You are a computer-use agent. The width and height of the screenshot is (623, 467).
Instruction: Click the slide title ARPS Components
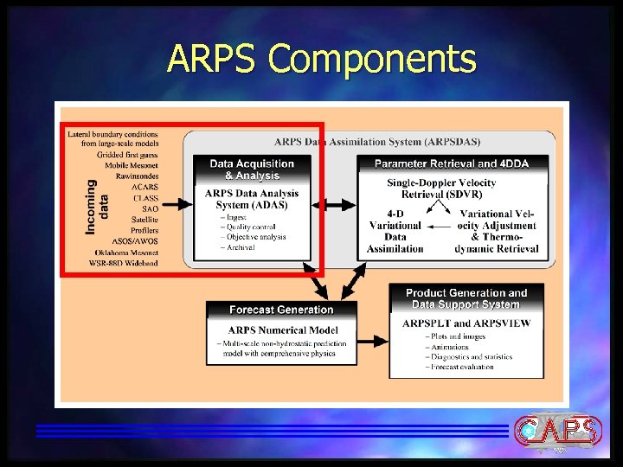322,59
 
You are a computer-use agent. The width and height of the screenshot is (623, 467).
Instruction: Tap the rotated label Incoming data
97,206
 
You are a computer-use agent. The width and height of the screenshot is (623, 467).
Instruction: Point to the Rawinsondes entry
137,176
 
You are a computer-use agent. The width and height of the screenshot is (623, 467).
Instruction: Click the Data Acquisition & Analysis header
252,170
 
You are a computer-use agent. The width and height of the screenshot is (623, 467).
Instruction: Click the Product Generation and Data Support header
466,298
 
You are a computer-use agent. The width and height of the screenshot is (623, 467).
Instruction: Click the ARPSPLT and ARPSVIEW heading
466,323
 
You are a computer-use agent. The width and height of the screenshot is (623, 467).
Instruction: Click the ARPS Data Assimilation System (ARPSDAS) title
377,142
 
